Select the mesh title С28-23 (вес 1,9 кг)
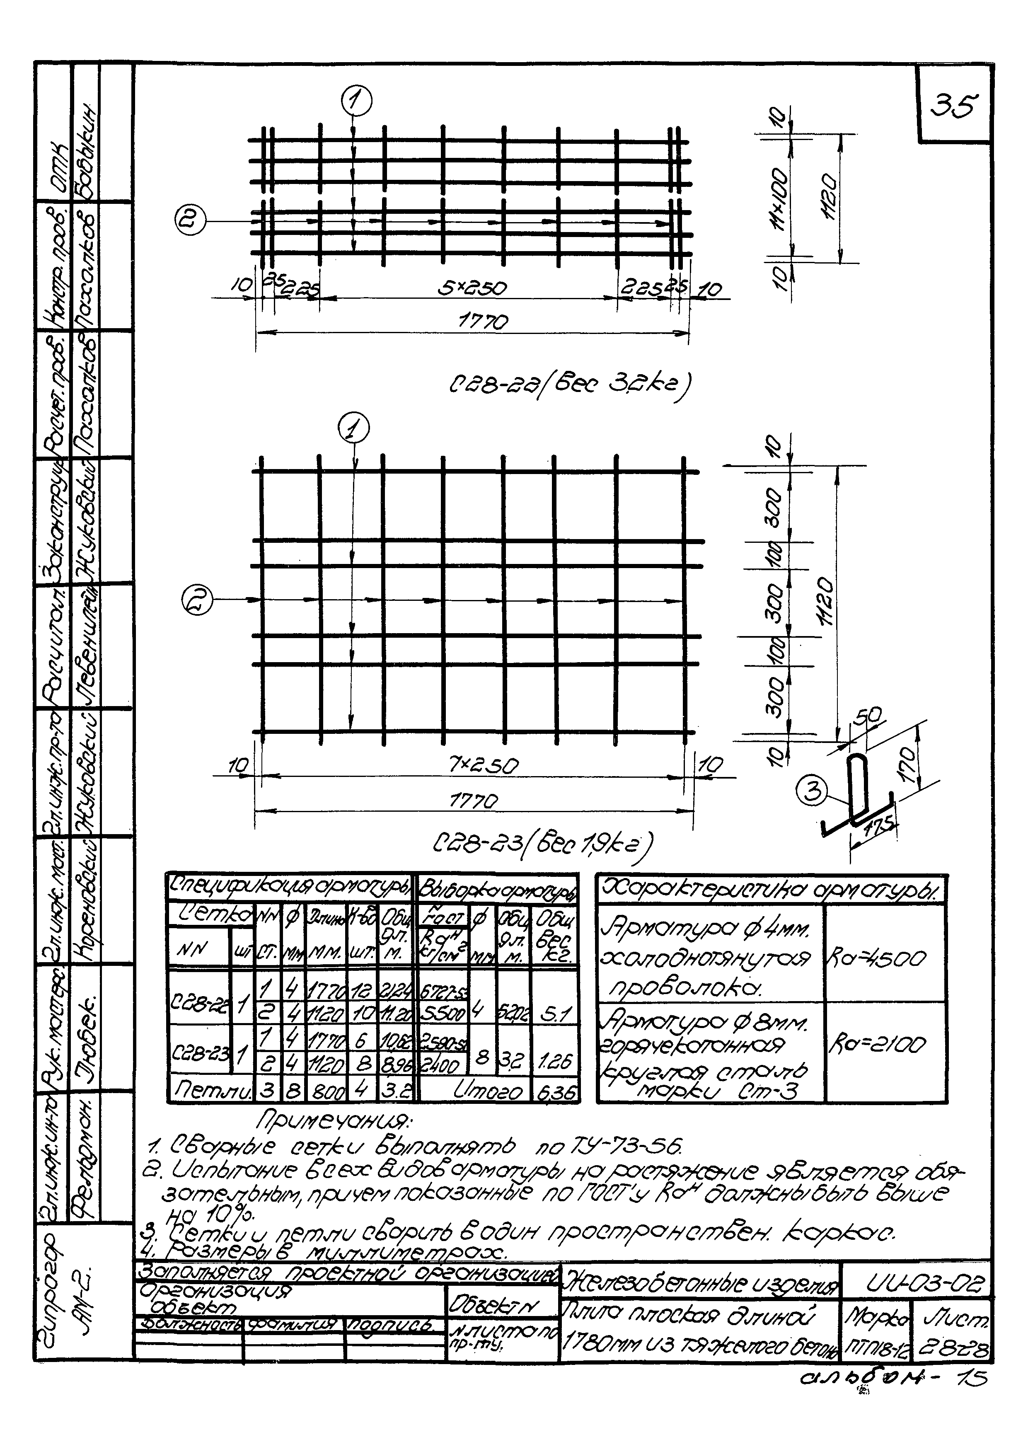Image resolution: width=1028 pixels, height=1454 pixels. [542, 844]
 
